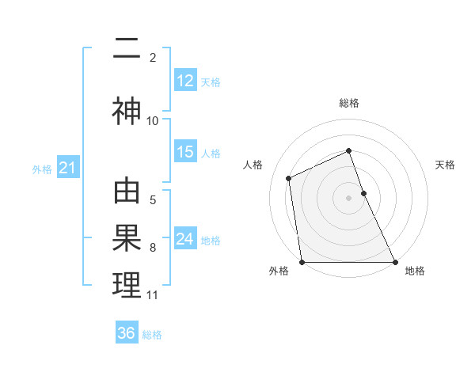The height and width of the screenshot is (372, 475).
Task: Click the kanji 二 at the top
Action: pos(127,50)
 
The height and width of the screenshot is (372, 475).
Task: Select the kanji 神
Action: pos(127,112)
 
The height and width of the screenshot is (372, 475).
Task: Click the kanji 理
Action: pos(127,286)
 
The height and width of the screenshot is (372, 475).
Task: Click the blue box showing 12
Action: pos(185,81)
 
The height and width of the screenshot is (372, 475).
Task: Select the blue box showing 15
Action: pos(185,152)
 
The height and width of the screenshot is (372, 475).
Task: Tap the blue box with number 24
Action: pos(185,239)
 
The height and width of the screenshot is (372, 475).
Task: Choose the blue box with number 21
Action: pos(67,168)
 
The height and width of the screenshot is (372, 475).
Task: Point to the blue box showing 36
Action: pos(127,333)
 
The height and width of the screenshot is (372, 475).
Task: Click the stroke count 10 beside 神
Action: pos(153,121)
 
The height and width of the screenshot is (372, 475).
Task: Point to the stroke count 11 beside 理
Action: pos(153,295)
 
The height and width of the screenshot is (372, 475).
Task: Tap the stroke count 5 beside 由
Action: pos(153,200)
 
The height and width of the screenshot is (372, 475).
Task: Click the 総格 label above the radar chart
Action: pos(349,103)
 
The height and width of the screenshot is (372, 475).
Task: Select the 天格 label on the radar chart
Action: pos(446,165)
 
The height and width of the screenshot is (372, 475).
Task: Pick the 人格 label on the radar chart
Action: pos(253,165)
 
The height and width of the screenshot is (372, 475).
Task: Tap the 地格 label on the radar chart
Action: pos(415,271)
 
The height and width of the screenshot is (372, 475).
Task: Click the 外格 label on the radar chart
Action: pos(279,271)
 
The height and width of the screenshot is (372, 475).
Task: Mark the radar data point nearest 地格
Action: pos(395,262)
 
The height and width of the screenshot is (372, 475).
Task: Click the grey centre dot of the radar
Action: pos(349,198)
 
